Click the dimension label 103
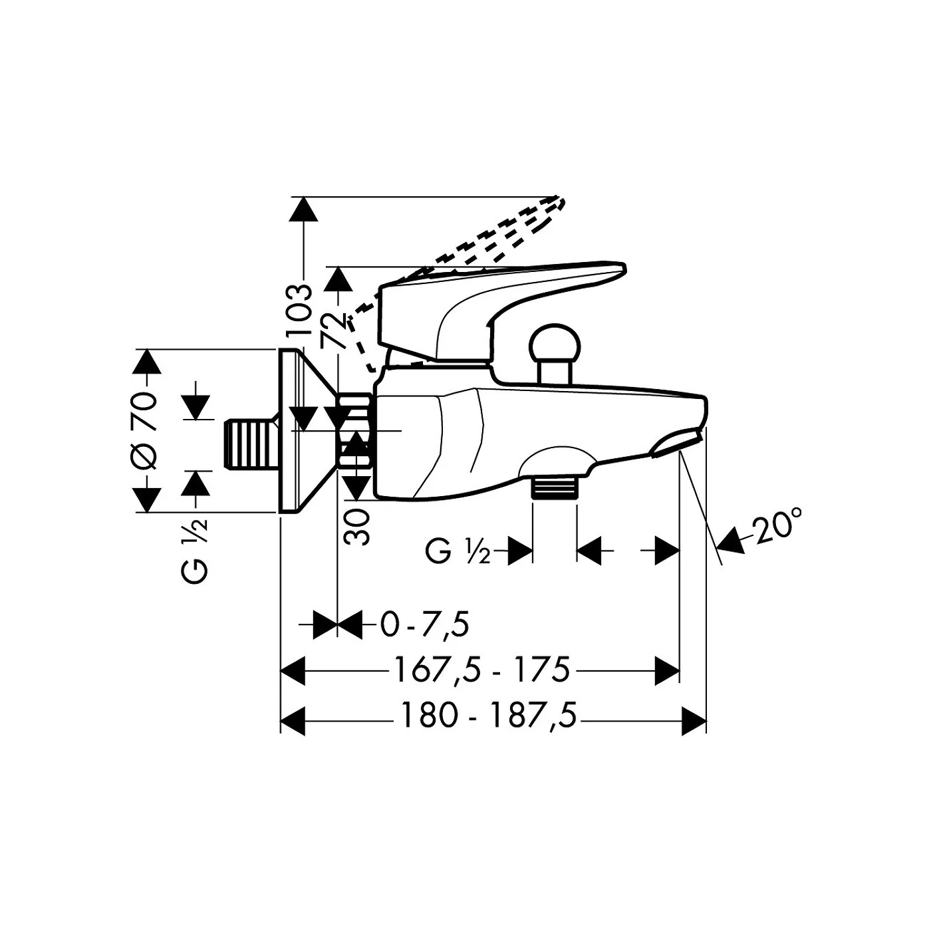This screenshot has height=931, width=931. coord(298,311)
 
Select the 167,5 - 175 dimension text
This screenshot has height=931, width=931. coord(481,670)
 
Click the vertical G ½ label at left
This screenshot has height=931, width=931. coord(196,551)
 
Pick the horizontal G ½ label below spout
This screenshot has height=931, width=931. coord(458,551)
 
